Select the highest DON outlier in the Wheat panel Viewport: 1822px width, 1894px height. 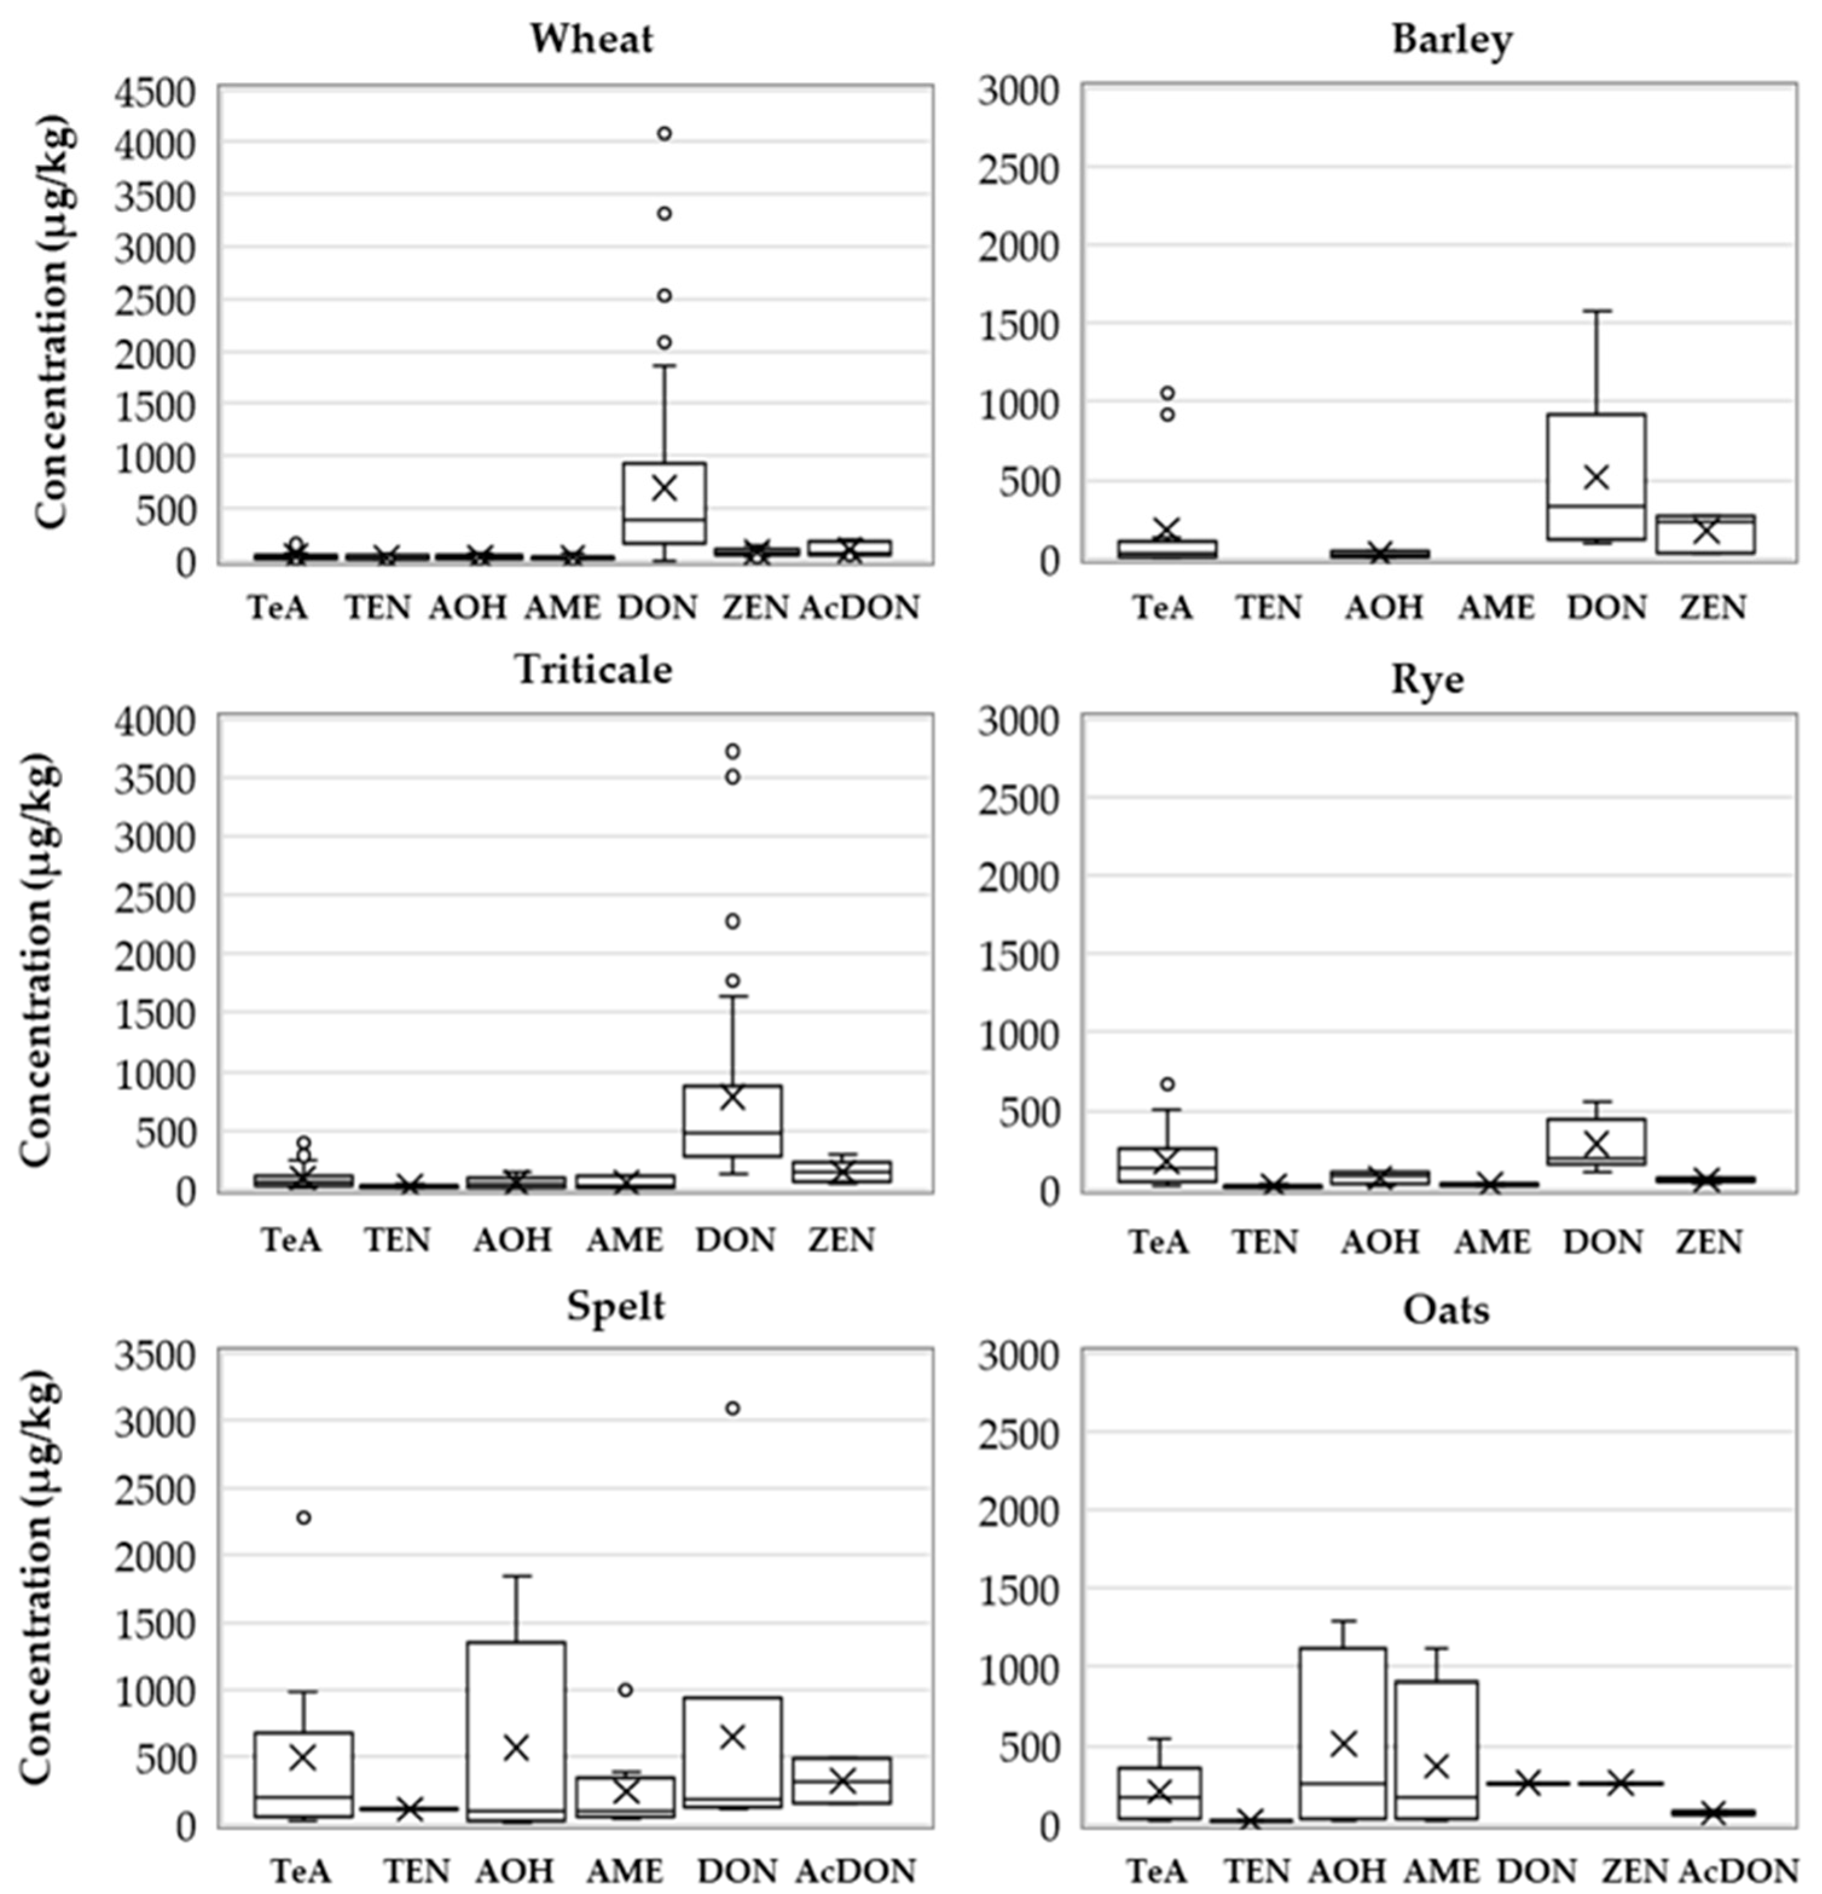pos(665,134)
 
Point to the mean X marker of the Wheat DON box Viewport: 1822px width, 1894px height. pos(665,488)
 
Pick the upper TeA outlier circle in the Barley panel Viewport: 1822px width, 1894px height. pos(1167,393)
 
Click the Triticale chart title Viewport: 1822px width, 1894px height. pos(593,668)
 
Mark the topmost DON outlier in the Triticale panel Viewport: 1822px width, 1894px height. pos(732,751)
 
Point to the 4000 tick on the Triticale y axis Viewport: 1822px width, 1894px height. pos(155,721)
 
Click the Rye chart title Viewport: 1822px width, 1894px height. pos(1427,679)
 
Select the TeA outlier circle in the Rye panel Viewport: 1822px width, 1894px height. pos(1167,1084)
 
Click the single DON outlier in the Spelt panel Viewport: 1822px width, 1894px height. pos(732,1408)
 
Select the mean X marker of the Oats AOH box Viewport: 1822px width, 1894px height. pos(1344,1744)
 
